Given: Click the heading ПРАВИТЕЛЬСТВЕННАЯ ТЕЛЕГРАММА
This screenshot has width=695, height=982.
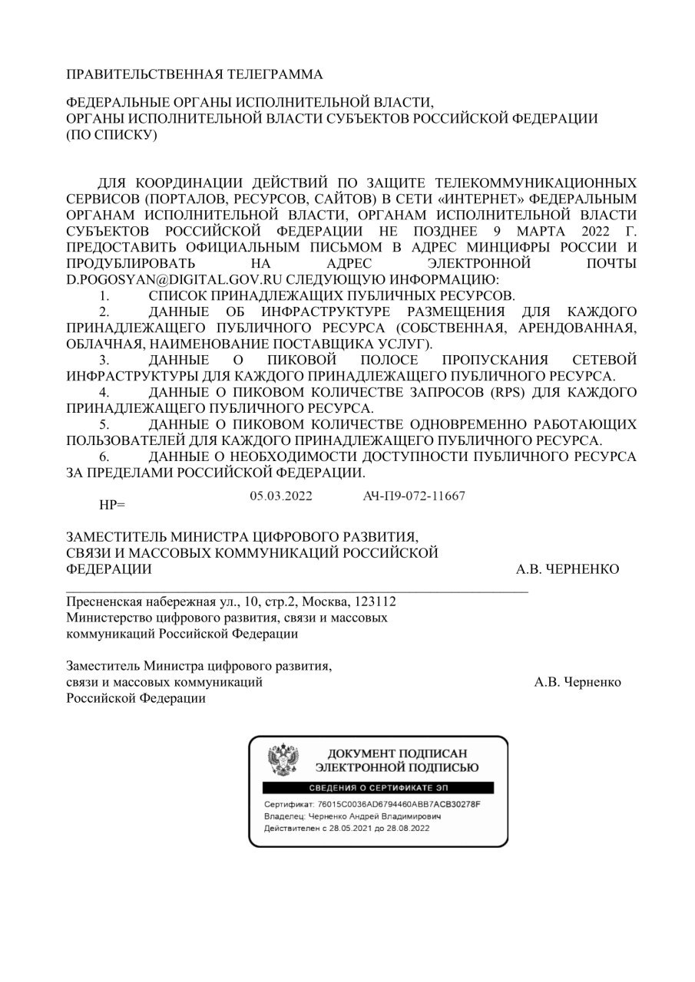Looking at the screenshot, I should point(194,74).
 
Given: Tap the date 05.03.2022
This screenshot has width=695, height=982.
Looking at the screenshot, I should point(281,496).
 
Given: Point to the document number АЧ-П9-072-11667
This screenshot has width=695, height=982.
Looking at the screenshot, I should point(414,496).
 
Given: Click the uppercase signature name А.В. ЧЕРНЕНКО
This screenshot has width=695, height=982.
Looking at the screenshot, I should point(568,568).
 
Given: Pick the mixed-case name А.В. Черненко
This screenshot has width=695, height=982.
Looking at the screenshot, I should point(578,682).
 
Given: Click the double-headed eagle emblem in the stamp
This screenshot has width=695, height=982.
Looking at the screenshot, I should point(283,758).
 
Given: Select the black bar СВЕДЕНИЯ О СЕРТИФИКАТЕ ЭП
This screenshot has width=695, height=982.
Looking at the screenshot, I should point(378,788).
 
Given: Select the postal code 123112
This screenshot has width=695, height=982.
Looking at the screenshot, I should point(377,601).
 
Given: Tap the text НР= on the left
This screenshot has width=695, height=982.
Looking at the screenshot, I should point(112,505).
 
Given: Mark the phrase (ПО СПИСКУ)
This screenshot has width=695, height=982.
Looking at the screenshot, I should point(112,135).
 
